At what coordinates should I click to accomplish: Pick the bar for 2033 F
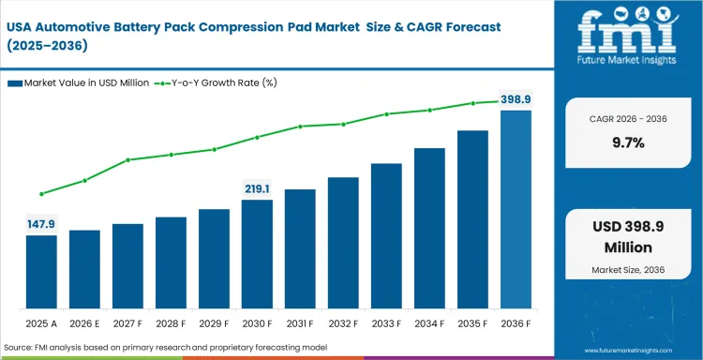[386, 236]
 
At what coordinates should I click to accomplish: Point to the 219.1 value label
[257, 188]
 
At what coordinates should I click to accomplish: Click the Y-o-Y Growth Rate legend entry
[217, 83]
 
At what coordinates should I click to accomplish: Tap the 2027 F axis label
[127, 323]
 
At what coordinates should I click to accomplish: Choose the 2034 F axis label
[429, 323]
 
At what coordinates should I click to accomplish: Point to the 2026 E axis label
[84, 323]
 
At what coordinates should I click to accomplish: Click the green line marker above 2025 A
[41, 194]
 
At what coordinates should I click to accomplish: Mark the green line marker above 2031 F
[300, 127]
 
